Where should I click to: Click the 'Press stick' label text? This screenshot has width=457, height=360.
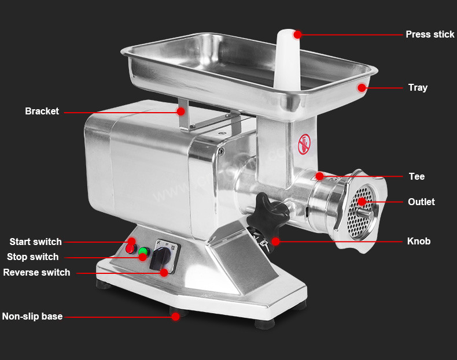coord(430,34)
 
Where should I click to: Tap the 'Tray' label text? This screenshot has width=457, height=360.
coord(418,88)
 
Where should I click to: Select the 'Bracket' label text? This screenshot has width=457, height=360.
coord(42,111)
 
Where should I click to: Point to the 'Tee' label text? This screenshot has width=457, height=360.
coord(417,176)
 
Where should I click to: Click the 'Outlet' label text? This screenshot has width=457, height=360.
coord(421,202)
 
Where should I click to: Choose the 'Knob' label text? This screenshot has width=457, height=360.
coord(418,241)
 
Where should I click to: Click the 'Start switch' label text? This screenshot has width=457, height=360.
coord(35,242)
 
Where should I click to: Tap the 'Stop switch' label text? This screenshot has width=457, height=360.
coord(32,257)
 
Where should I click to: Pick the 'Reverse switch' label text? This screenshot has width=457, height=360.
coord(36,272)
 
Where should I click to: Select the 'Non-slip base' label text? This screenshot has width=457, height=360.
coord(32,316)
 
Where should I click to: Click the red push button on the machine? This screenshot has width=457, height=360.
coord(130,249)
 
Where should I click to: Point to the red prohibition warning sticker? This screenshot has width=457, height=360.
coord(304,144)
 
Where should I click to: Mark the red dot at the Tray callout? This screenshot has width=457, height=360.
coord(362,88)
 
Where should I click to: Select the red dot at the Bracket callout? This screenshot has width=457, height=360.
coord(180,111)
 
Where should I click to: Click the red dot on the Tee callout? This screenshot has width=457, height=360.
coord(320,176)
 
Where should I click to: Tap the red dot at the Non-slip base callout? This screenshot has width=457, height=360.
coord(175,316)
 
